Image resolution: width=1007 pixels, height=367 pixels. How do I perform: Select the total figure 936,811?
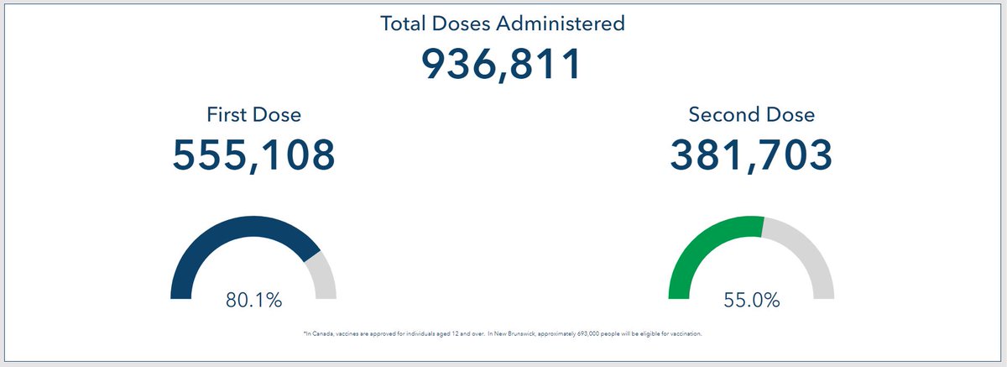point(502,65)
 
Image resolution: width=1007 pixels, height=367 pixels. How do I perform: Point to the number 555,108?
point(253,155)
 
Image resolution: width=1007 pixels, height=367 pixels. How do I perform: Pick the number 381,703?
point(751,155)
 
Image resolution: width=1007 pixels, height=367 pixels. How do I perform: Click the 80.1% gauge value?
point(253,299)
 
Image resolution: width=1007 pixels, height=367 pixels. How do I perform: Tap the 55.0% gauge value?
point(751,299)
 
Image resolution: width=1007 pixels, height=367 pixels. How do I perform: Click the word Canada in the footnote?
point(323,333)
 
